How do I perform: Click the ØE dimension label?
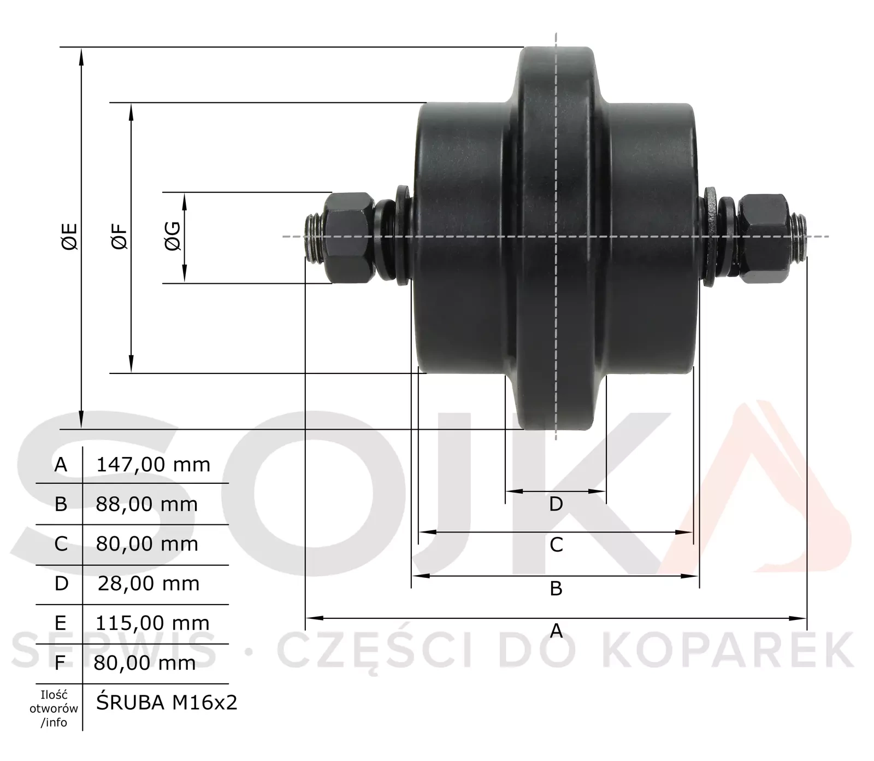coord(70,237)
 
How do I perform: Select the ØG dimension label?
coord(173,237)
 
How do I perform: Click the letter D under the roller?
coord(556,504)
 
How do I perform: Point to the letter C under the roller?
coord(556,545)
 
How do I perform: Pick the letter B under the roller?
coord(556,589)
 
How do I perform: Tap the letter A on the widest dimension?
coord(556,631)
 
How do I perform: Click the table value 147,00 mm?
coord(153,465)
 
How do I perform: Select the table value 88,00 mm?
coord(147,504)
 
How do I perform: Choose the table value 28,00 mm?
coord(149,583)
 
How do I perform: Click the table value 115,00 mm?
coord(152,623)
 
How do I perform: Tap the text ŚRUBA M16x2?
coord(167,703)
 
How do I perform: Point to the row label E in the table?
coord(60,623)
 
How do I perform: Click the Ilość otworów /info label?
coord(54,709)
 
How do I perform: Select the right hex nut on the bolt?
coord(764,238)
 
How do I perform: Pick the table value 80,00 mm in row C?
coord(147,544)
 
